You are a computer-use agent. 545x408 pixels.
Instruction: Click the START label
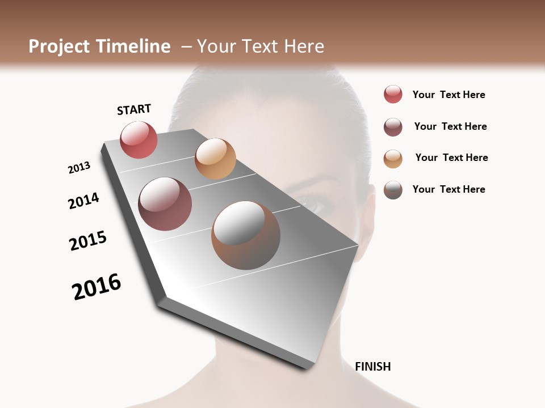134,109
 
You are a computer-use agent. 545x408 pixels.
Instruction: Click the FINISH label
372,367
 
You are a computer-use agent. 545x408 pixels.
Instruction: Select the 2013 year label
79,168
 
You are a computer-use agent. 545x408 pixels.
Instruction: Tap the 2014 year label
83,201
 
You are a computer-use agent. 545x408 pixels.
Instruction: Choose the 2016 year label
97,287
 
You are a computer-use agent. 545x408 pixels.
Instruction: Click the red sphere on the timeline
139,139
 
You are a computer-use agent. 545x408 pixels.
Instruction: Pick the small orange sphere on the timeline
215,159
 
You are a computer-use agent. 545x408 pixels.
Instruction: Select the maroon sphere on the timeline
165,204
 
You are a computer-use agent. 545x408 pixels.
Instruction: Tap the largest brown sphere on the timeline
246,235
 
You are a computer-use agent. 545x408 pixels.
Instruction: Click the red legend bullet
393,95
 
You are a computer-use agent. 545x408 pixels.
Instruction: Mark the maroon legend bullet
393,127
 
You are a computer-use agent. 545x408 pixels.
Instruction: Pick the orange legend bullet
393,158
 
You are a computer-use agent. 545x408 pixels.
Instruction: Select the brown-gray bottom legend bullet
393,190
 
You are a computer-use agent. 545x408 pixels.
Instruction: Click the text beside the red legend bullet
448,95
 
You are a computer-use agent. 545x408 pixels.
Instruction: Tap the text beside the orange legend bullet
451,158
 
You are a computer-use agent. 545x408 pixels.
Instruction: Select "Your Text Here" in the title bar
261,46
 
